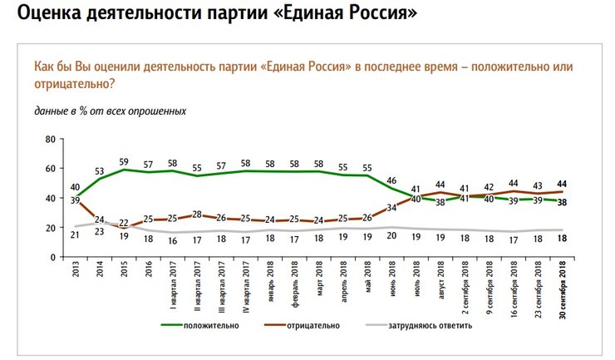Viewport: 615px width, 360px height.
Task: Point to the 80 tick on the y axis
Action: click(49, 139)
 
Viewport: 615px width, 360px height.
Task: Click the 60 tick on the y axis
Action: click(49, 168)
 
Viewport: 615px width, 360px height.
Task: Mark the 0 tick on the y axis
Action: click(52, 257)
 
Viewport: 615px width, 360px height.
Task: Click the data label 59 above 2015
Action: click(124, 161)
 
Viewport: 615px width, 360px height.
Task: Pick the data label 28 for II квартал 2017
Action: click(196, 214)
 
